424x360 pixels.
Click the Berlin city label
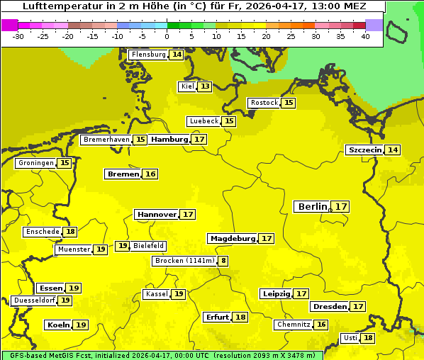313,207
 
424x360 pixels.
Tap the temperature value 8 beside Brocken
223,261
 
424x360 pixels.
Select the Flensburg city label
148,55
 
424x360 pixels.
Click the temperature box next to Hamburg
200,140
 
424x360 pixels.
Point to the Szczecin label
364,150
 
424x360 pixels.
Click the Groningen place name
35,163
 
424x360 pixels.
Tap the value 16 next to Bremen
150,174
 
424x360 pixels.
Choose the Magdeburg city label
232,239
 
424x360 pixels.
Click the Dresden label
330,307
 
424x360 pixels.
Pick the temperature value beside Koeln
81,325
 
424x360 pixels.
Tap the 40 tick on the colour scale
365,37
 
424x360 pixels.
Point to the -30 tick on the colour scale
18,37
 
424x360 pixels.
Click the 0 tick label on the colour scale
167,37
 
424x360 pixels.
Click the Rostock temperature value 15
288,103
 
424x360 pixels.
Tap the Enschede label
42,232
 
